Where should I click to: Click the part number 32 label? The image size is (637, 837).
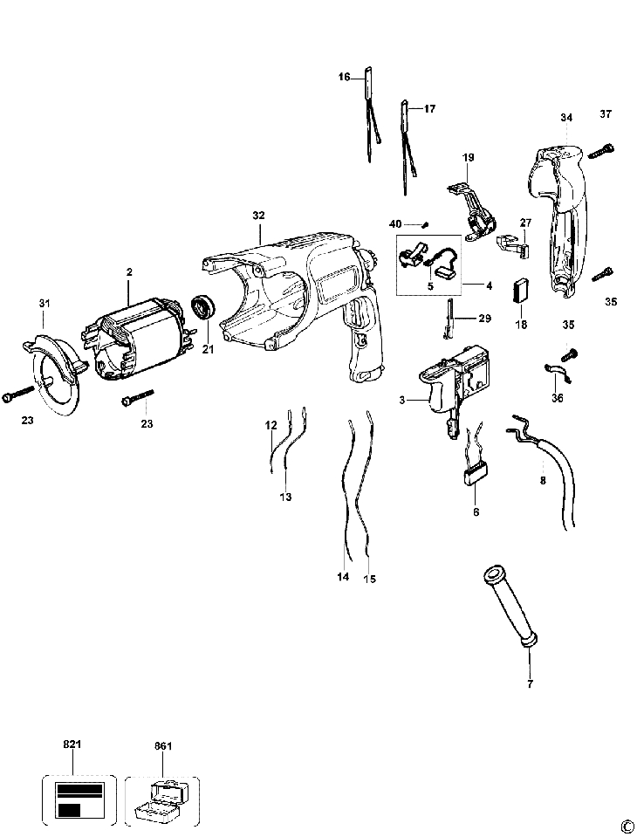click(x=258, y=215)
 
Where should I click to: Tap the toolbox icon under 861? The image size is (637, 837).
click(x=162, y=801)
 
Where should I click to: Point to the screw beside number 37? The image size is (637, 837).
click(x=601, y=152)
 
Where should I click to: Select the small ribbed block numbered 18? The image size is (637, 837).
click(x=521, y=290)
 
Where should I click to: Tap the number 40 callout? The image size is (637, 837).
click(x=395, y=224)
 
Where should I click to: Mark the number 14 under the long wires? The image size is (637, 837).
click(x=343, y=577)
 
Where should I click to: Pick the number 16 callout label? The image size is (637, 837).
click(x=345, y=77)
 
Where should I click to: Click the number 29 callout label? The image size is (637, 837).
click(x=484, y=319)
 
